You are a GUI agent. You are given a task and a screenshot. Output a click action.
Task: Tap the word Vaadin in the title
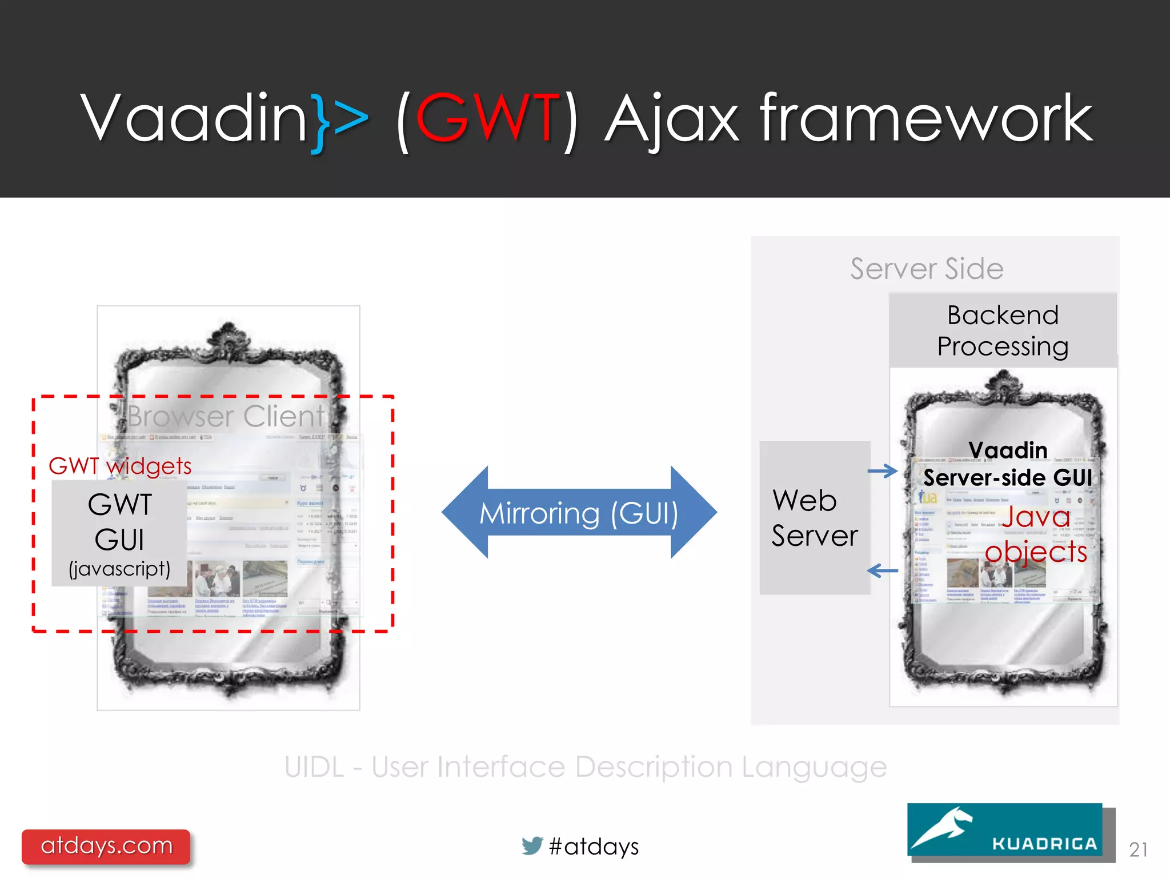(x=194, y=118)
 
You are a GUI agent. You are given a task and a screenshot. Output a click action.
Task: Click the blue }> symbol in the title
(x=339, y=120)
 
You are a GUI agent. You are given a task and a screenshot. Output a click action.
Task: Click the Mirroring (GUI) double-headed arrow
(x=579, y=512)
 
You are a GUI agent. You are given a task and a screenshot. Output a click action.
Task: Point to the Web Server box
(x=815, y=518)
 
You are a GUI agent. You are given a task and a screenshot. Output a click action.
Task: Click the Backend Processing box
(x=1003, y=330)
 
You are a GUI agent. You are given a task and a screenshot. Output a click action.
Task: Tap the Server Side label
(x=926, y=269)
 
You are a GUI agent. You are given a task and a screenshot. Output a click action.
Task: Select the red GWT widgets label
(x=120, y=466)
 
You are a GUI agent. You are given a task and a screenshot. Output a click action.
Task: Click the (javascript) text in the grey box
(x=119, y=569)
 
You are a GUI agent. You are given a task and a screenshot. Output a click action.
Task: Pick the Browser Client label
(x=226, y=416)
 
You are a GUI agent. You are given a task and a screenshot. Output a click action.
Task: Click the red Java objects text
(x=1036, y=534)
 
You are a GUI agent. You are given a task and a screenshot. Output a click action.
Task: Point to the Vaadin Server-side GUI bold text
(x=1008, y=464)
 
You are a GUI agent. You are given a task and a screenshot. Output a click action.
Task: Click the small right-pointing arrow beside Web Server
(x=882, y=471)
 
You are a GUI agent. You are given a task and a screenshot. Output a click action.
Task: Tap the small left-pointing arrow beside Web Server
(x=882, y=570)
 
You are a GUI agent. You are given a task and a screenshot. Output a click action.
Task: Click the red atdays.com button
(x=106, y=846)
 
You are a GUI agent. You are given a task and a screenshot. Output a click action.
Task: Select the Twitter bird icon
(x=532, y=845)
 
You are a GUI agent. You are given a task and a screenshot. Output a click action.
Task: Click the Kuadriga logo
(x=1004, y=829)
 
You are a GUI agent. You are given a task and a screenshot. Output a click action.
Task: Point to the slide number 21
(x=1138, y=849)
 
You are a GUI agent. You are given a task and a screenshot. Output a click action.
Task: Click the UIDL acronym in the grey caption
(x=314, y=767)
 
